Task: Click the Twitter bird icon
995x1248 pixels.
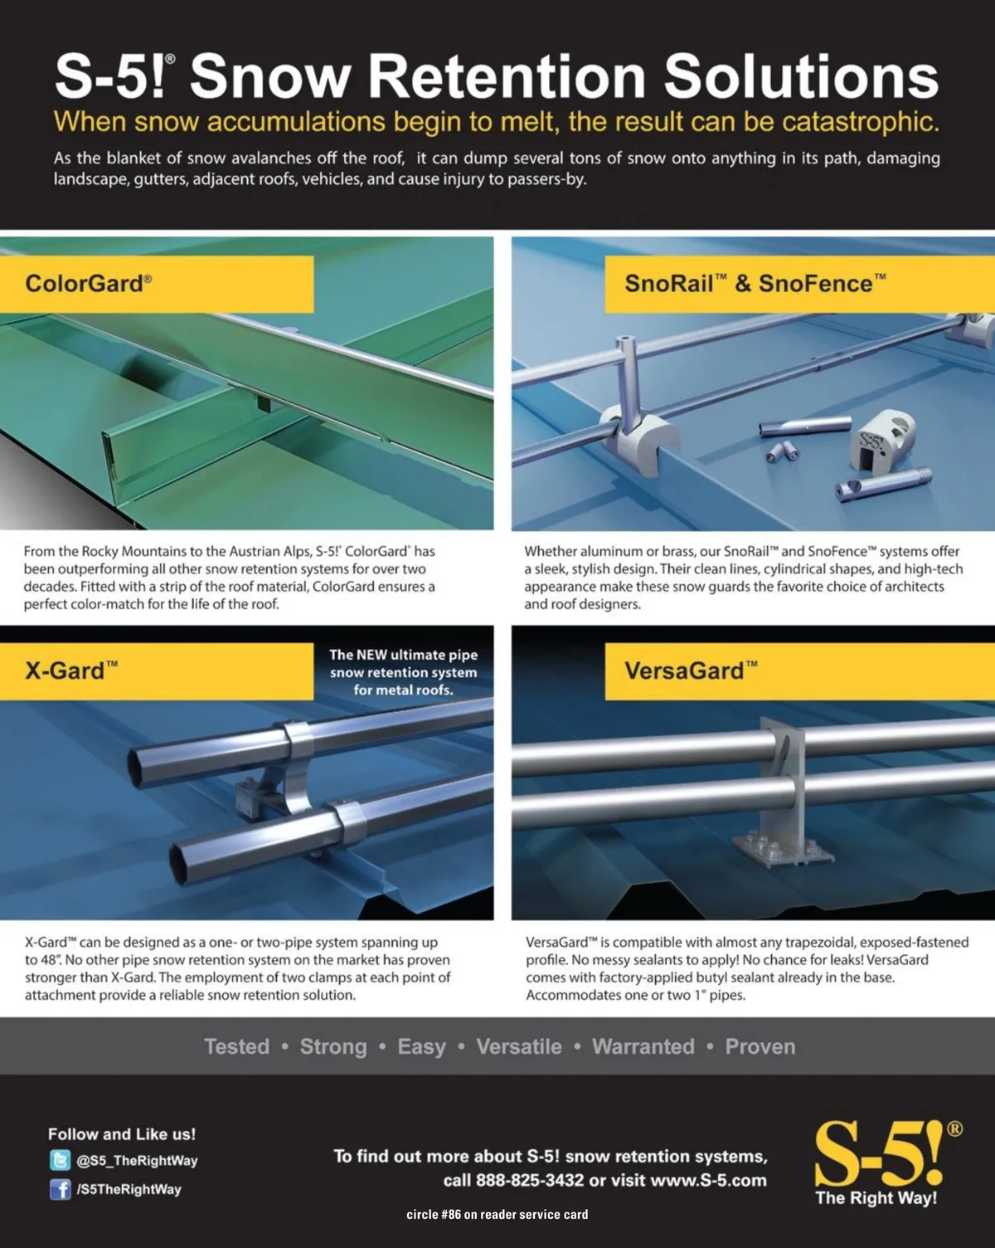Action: [x=61, y=1160]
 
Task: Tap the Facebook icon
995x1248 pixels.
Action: [x=61, y=1189]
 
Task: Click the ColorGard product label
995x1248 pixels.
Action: [x=88, y=284]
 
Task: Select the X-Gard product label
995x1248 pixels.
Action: [x=71, y=670]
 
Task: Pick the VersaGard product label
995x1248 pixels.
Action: [x=691, y=670]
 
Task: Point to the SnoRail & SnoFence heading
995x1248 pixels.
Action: [x=755, y=284]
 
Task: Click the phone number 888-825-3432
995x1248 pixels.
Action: [x=530, y=1180]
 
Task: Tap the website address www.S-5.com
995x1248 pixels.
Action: [x=708, y=1180]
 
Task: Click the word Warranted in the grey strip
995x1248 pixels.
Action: [x=643, y=1046]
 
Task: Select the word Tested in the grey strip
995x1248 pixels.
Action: [x=236, y=1046]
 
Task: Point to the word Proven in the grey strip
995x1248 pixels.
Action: [x=760, y=1046]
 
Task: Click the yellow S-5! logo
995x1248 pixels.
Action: [x=881, y=1153]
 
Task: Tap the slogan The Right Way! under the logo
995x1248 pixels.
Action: [x=876, y=1198]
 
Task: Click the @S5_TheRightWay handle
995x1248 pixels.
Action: [x=138, y=1160]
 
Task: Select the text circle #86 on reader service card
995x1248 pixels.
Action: [x=498, y=1214]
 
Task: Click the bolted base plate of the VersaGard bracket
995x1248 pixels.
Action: [x=783, y=851]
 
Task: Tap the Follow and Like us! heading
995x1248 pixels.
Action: [x=122, y=1133]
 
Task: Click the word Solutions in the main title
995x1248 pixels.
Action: [x=801, y=76]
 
